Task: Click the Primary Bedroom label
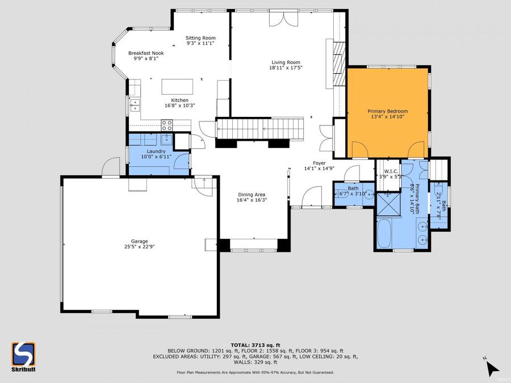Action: (x=388, y=111)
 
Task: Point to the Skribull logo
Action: (x=23, y=356)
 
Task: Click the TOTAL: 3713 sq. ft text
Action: (x=255, y=345)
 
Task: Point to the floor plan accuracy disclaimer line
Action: (x=255, y=372)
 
